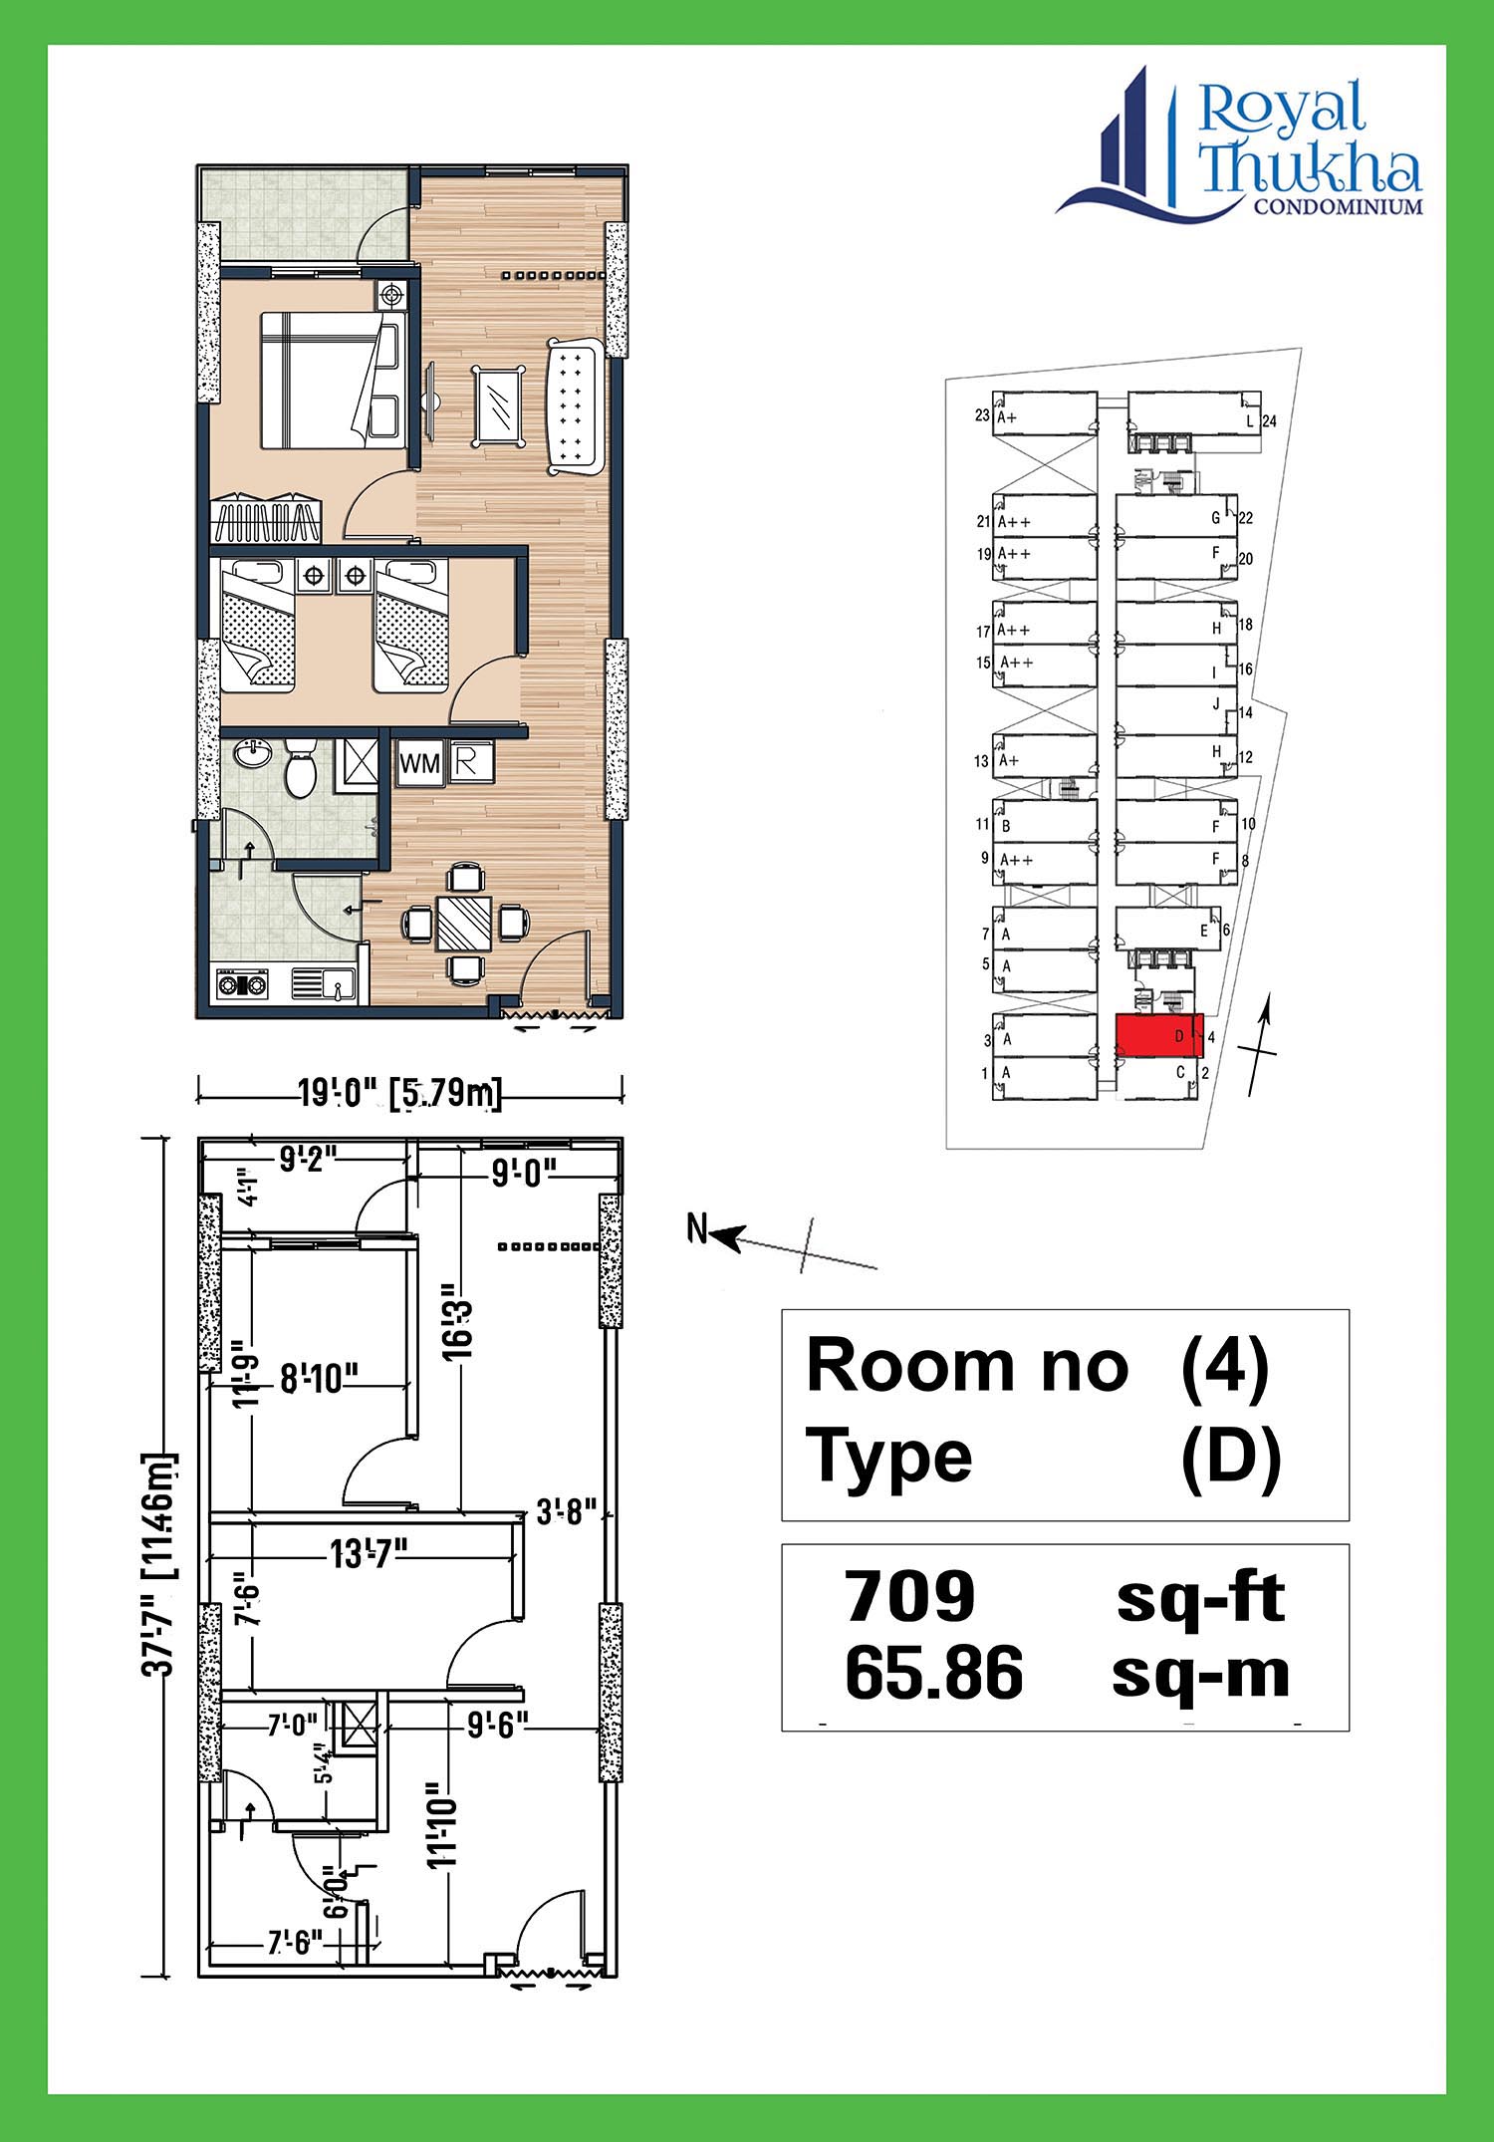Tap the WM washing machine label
point(419,763)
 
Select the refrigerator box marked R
point(466,762)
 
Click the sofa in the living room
point(573,406)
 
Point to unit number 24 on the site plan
point(1269,421)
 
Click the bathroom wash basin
point(253,754)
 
